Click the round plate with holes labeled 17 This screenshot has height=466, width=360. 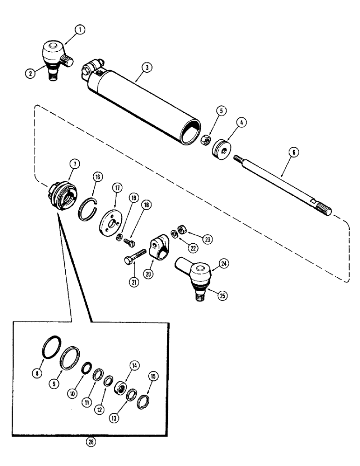point(110,219)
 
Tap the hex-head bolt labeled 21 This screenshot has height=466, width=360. point(134,256)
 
